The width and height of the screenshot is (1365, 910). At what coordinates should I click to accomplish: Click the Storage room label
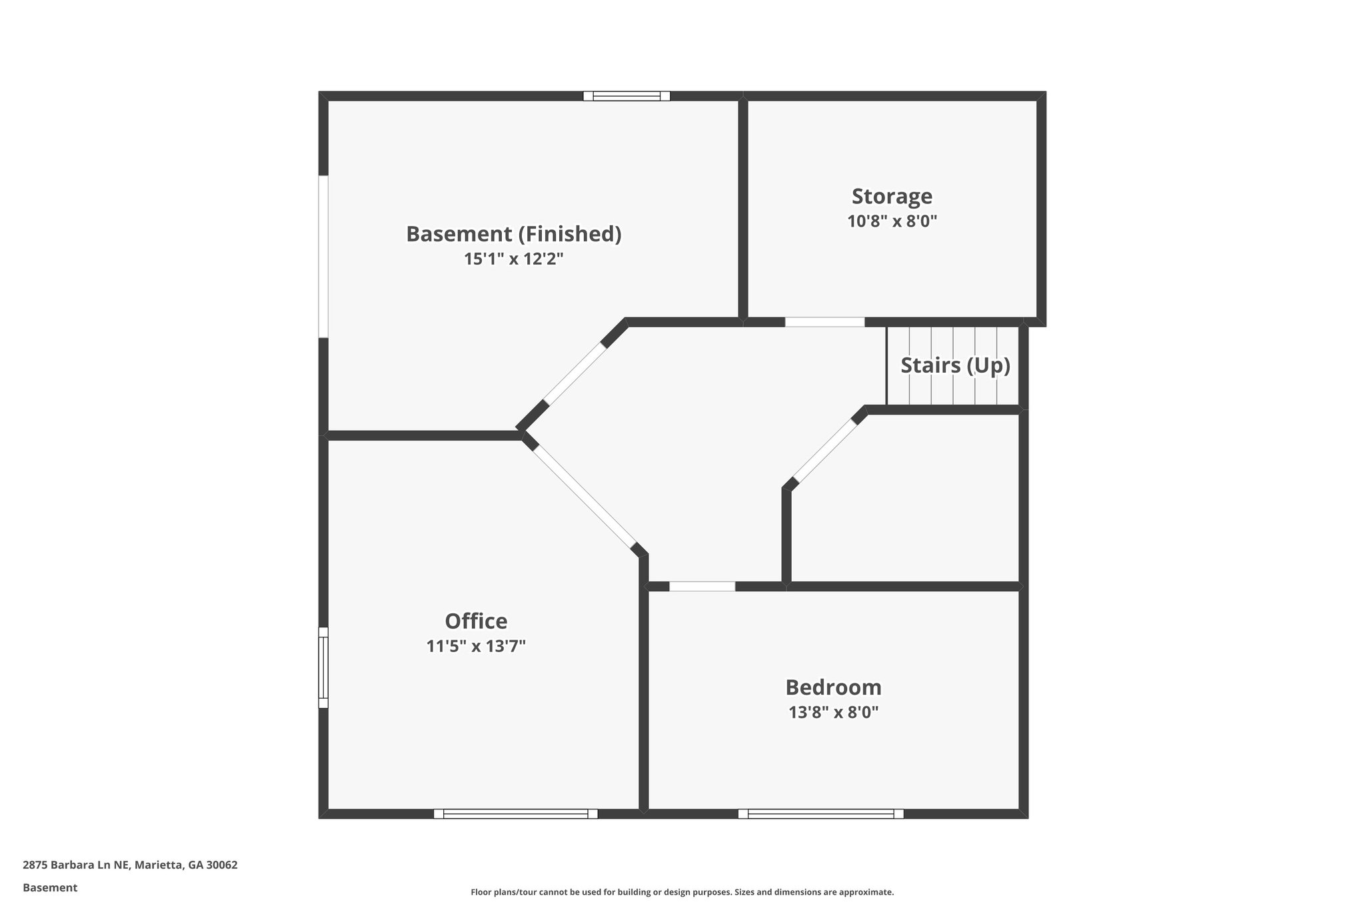click(x=892, y=197)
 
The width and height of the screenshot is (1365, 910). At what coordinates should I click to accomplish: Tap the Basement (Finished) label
click(x=513, y=234)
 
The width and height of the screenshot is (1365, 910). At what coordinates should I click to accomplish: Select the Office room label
click(x=476, y=621)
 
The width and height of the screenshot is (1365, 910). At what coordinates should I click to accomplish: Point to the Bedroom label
click(x=833, y=687)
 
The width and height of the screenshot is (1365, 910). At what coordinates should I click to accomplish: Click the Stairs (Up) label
click(x=955, y=365)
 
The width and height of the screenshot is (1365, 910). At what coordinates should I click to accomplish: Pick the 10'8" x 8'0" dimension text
click(x=892, y=221)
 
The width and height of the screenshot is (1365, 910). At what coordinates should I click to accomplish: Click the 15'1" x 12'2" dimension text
click(x=513, y=259)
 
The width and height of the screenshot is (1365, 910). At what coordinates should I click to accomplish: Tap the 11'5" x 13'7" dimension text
click(x=476, y=646)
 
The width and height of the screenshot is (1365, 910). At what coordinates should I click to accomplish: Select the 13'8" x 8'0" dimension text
click(x=833, y=712)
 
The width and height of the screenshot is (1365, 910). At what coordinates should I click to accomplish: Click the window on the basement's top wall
click(x=627, y=96)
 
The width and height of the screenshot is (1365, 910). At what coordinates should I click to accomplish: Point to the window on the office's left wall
click(x=323, y=667)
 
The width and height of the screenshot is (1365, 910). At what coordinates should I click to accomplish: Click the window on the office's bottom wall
click(x=515, y=813)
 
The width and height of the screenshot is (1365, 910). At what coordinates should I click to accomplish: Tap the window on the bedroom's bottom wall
click(x=820, y=813)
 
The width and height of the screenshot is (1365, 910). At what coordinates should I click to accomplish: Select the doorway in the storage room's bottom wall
click(x=824, y=322)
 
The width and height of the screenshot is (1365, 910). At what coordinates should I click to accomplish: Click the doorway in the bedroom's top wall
click(x=702, y=587)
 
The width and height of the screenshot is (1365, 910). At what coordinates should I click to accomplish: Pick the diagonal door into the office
click(x=584, y=496)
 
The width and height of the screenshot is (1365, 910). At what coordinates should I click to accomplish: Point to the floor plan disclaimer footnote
click(x=682, y=892)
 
